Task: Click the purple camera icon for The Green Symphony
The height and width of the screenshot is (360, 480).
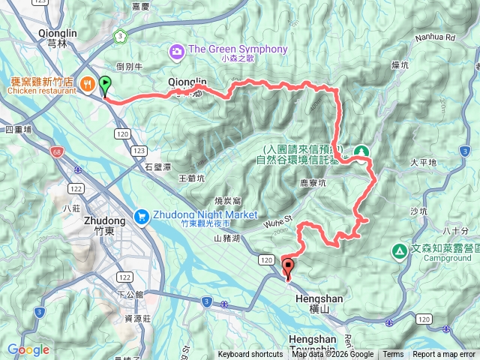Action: (177, 51)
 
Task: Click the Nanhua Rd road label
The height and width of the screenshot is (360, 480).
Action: (439, 35)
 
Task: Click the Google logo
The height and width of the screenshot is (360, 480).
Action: (28, 349)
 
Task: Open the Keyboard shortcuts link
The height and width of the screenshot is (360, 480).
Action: (250, 355)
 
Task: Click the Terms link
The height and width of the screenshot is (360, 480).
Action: (393, 355)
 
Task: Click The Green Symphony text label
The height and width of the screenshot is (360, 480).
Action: (238, 49)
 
